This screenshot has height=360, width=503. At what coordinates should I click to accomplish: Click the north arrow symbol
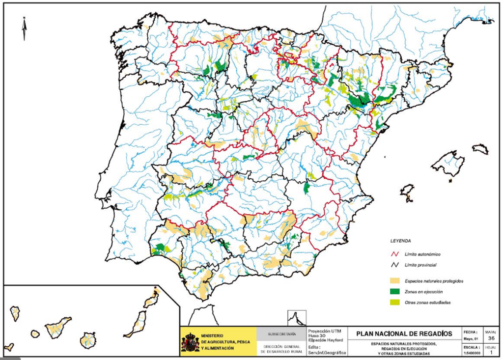click(x=24, y=28)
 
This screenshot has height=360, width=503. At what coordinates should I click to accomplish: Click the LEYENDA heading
click(x=400, y=241)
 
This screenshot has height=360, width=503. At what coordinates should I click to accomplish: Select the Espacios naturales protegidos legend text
click(x=434, y=281)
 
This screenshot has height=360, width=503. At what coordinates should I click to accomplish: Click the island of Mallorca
click(x=447, y=164)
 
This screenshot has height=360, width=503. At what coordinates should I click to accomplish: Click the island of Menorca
click(x=480, y=149)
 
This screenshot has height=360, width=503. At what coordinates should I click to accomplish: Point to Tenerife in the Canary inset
click(x=58, y=326)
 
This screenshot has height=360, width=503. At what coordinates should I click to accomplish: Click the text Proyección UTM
click(x=325, y=331)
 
